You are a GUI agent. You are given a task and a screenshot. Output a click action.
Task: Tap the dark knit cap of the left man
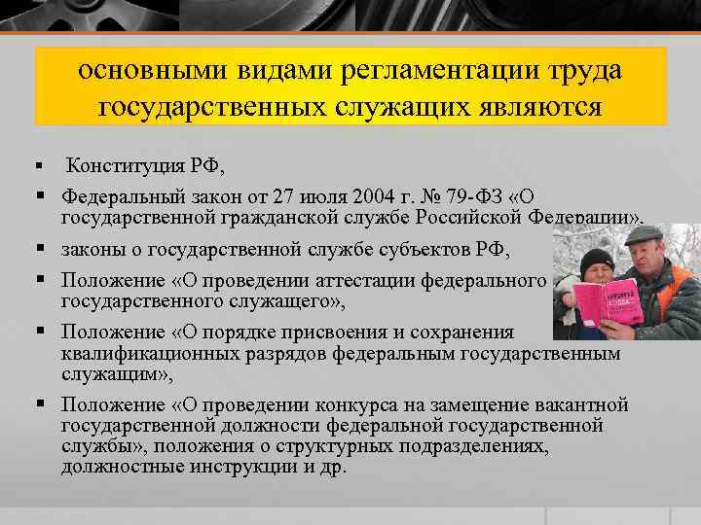tap(595, 260)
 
